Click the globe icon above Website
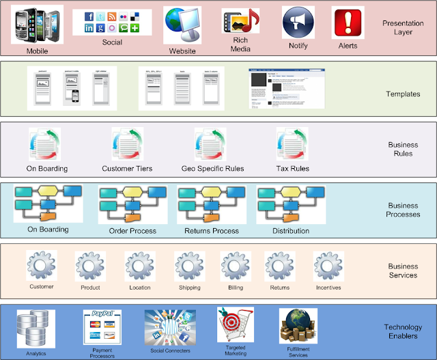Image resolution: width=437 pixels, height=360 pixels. [182, 25]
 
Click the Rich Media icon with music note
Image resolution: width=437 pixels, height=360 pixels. [240, 21]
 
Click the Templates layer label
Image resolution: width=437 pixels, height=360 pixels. [403, 94]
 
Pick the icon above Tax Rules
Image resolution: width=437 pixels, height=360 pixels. [292, 145]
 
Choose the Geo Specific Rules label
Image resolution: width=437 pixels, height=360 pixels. [212, 169]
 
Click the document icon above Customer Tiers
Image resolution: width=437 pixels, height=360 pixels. [127, 145]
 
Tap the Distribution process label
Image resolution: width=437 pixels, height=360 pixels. [291, 231]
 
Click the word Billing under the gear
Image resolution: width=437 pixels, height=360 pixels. [236, 288]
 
